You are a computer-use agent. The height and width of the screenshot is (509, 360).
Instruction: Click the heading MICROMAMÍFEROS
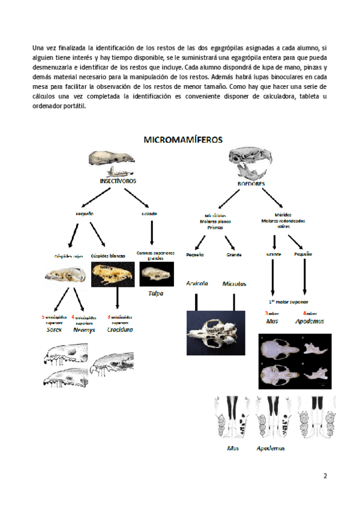click(183, 139)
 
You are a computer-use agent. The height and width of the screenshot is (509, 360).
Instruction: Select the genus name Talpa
click(156, 294)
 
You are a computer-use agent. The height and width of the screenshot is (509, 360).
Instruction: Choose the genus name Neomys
click(84, 330)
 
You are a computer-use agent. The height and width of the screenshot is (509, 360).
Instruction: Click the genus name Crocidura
click(120, 330)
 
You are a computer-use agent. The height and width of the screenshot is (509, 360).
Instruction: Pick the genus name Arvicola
click(197, 283)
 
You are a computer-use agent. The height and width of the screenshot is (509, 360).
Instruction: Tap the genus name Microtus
click(235, 283)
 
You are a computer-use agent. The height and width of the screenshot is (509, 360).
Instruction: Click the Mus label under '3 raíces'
click(272, 321)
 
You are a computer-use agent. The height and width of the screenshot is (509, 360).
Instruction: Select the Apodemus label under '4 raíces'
click(310, 321)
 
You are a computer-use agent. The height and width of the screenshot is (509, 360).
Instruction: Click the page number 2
click(325, 477)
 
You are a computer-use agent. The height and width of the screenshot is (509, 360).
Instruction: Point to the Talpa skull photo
click(156, 274)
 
